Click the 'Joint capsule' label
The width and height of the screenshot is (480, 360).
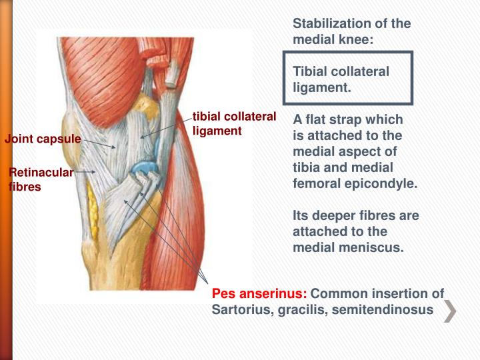[x=43, y=139]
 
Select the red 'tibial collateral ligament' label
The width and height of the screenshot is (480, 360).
[x=234, y=124]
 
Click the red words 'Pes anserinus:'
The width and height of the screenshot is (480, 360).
[x=259, y=294]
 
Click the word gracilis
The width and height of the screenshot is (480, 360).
[x=300, y=309]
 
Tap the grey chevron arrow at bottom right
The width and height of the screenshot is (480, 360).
[x=451, y=312]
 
